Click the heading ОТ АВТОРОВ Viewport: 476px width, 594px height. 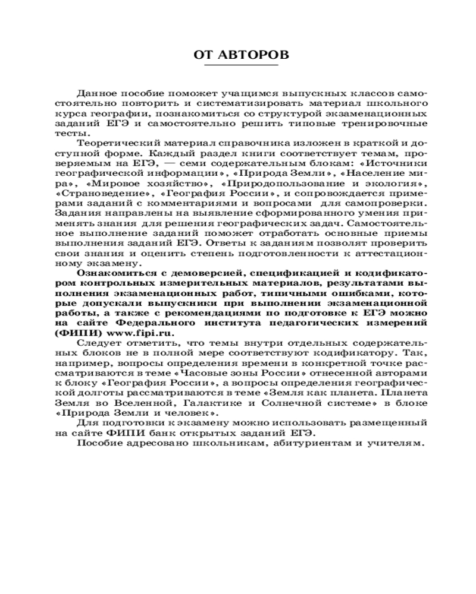click(x=242, y=55)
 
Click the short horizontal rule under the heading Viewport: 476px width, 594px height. click(x=242, y=65)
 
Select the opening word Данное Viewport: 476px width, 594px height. click(x=96, y=93)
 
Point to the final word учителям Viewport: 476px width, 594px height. click(x=396, y=444)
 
